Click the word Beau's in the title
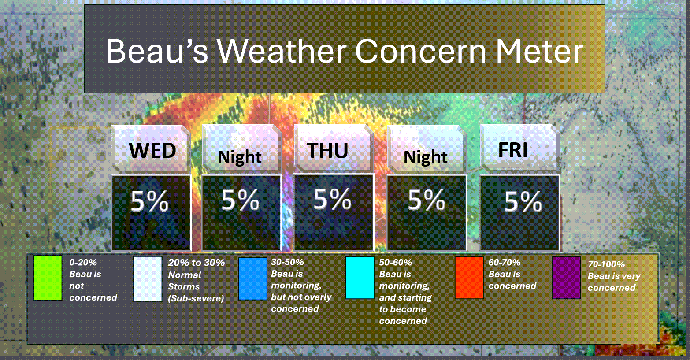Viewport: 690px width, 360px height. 157,51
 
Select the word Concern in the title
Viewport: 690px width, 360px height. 421,51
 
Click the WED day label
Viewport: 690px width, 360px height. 152,150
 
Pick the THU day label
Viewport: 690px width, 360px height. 327,150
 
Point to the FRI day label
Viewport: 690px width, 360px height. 513,150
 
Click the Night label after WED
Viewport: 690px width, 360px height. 239,157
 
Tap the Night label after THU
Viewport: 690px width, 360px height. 425,157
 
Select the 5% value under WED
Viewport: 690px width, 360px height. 150,201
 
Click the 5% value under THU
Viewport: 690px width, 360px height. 332,199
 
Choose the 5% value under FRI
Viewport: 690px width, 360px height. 523,202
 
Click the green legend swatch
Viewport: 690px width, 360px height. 48,278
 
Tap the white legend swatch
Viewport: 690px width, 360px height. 148,278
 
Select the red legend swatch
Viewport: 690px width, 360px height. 469,278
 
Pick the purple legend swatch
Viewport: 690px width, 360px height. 567,278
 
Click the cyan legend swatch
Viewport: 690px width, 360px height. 360,278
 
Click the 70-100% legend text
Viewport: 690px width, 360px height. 606,264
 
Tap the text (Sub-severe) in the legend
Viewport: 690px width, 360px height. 196,298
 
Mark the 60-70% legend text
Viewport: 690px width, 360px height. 504,262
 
